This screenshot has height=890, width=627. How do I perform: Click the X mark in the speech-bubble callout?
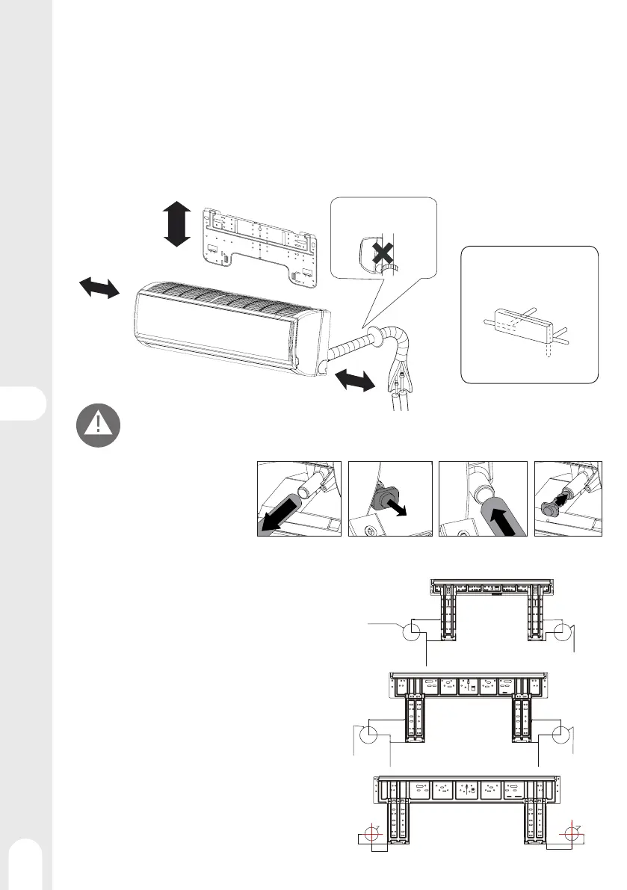point(382,254)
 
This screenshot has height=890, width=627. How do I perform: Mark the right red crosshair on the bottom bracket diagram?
point(573,833)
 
